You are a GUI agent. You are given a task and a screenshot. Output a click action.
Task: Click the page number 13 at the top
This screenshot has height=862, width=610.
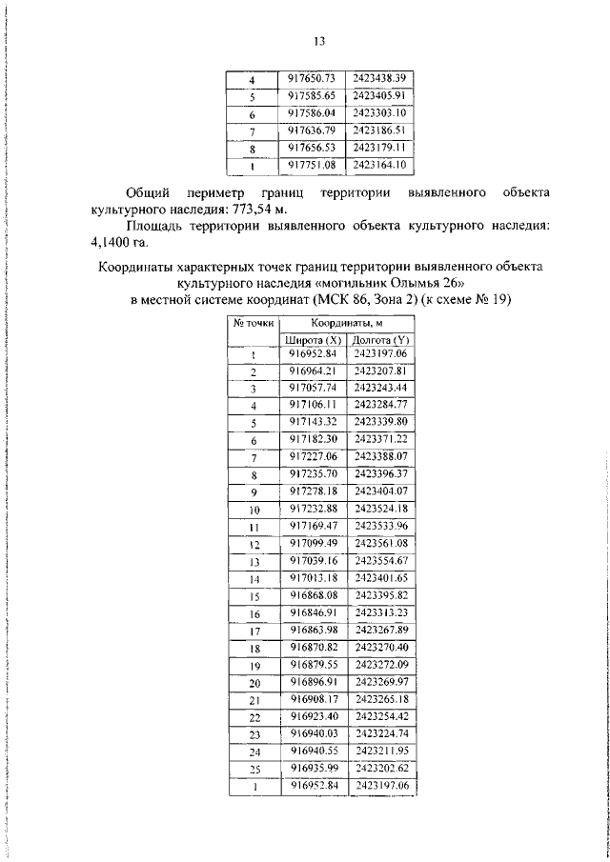tap(318, 41)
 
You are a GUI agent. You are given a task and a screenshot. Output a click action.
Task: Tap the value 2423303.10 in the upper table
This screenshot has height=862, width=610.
tap(379, 112)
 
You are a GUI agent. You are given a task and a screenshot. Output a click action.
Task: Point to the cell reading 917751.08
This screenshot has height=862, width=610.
tap(314, 165)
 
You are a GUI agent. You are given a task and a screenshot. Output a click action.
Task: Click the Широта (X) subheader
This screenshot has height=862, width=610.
tap(314, 339)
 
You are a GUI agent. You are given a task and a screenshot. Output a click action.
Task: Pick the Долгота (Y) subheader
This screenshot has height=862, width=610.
tap(379, 339)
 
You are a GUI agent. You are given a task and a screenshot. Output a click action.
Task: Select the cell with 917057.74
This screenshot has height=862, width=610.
tap(314, 389)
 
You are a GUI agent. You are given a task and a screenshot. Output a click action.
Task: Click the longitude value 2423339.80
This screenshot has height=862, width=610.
tap(379, 422)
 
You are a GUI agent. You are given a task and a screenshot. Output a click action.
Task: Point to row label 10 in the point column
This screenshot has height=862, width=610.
tap(254, 509)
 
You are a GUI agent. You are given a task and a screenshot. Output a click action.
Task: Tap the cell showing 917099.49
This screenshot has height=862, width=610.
tap(314, 543)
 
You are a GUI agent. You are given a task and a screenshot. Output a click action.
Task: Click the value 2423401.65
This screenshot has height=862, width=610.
tap(379, 577)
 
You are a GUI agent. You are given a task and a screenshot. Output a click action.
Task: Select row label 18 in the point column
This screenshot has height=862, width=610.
tap(254, 647)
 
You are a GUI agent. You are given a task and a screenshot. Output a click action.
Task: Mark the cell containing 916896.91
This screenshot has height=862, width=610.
tap(314, 682)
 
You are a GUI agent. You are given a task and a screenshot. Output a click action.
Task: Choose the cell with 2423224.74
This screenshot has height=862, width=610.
tap(379, 733)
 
